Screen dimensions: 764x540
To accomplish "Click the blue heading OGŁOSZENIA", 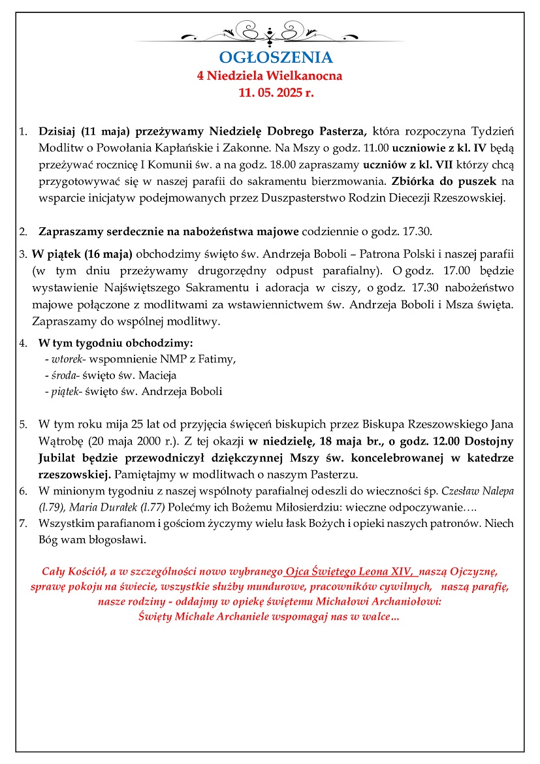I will [276, 57].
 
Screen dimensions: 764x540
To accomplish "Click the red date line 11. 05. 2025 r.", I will [276, 93].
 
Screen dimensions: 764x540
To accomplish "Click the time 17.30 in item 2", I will [418, 231].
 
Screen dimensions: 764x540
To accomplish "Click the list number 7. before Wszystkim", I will [24, 523].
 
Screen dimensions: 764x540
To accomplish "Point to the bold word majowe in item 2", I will [280, 231].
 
